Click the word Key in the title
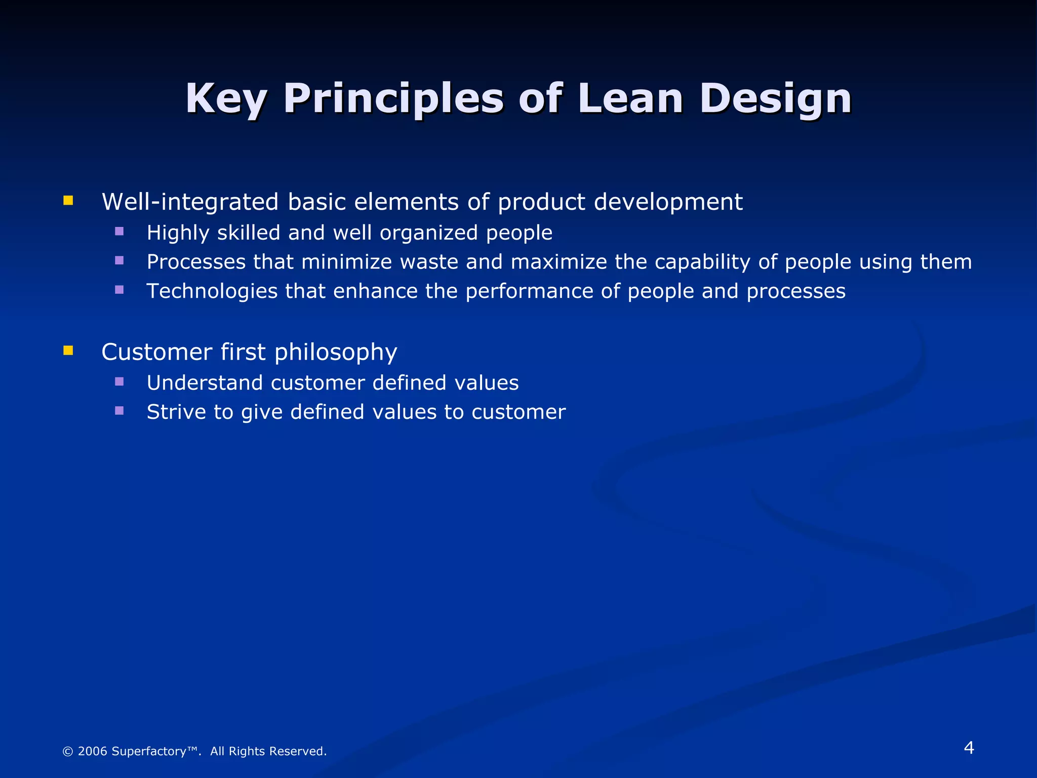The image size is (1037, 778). tap(226, 99)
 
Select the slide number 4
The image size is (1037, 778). tap(969, 748)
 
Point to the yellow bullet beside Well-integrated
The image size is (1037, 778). tap(68, 201)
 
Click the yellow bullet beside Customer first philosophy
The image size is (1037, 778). tap(68, 351)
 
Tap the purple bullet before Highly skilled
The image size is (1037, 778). tap(119, 231)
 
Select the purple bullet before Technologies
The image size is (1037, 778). tap(119, 290)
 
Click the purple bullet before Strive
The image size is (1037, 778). tap(119, 410)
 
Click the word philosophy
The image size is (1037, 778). tap(336, 353)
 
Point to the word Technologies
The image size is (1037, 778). tap(212, 291)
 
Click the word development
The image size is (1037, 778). tap(668, 202)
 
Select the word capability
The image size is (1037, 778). tap(702, 262)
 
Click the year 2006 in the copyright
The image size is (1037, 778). tap(92, 751)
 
